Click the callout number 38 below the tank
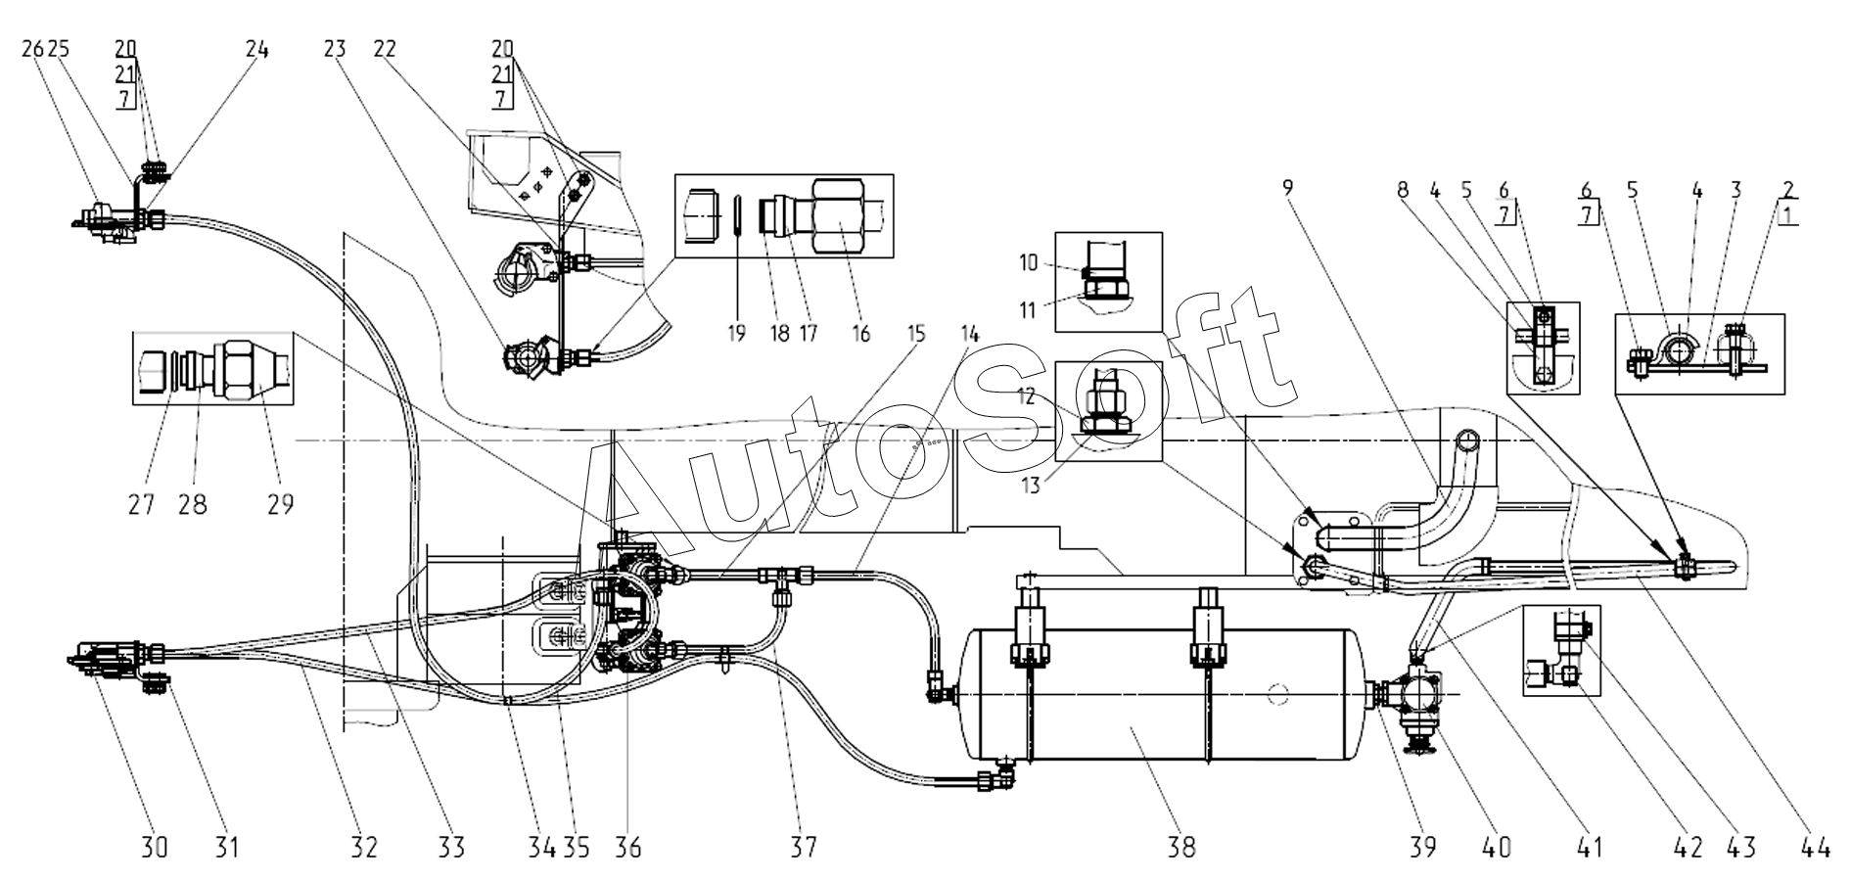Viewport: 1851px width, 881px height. point(1181,846)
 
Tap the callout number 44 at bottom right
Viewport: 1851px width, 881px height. point(1815,846)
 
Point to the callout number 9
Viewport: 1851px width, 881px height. point(1289,188)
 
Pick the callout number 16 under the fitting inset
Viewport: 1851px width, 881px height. point(861,333)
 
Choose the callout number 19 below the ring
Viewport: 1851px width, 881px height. point(737,333)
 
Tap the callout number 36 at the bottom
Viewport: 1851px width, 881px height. point(627,846)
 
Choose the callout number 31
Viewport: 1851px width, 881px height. point(227,846)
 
